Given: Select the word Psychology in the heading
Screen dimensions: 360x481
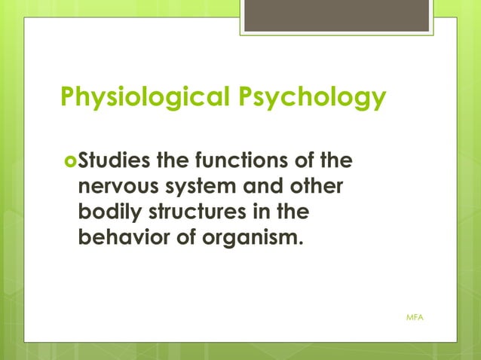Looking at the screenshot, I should [x=314, y=97].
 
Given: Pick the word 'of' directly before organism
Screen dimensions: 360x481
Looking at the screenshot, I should [x=181, y=239].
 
